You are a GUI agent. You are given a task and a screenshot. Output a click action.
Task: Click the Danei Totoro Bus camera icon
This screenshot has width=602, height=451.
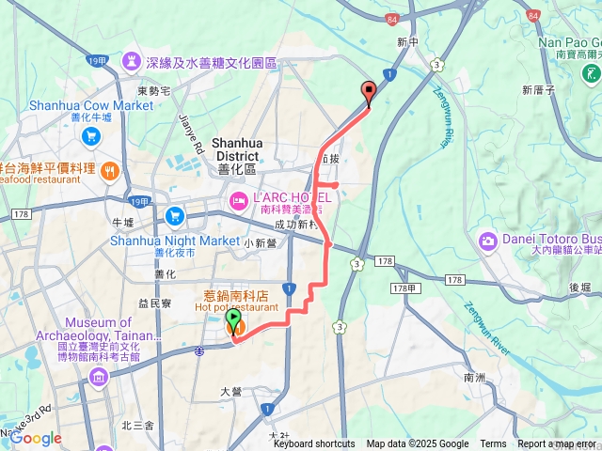click(487, 241)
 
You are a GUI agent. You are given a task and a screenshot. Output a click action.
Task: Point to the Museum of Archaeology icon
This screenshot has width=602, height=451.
click(99, 378)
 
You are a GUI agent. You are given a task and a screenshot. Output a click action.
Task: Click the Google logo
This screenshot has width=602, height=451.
click(36, 438)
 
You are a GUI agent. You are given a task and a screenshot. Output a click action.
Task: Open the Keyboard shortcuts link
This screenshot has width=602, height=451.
click(314, 444)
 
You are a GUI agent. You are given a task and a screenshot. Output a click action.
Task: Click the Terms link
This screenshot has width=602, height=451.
click(493, 444)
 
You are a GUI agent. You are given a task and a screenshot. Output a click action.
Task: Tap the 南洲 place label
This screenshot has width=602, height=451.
click(474, 377)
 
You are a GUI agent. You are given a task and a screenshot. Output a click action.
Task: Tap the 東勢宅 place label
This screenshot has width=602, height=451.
click(152, 90)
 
